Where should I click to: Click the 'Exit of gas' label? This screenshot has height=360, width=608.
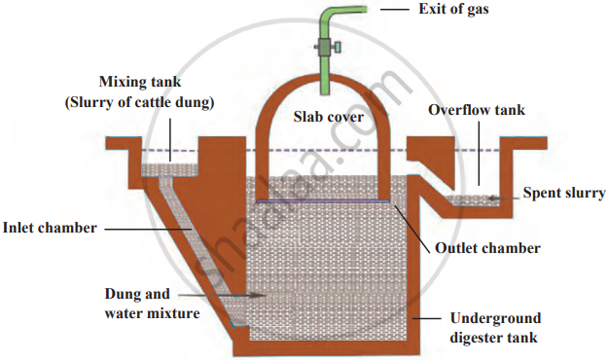[453, 9]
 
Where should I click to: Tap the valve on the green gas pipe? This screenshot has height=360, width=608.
[328, 48]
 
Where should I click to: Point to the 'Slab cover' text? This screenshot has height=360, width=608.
[329, 117]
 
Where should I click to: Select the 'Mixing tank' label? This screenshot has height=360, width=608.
[140, 82]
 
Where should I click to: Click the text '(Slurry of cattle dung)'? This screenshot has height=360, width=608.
[139, 102]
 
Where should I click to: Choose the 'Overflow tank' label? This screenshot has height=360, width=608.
[477, 110]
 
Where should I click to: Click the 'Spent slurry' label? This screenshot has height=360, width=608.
[564, 193]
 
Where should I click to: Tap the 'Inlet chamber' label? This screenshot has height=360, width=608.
[50, 228]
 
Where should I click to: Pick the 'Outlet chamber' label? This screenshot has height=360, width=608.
[487, 248]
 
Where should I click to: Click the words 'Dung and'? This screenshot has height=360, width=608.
[137, 294]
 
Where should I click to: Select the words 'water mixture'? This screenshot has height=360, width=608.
[153, 313]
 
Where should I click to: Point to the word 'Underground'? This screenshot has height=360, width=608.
[495, 318]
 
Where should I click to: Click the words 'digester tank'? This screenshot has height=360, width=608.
[493, 338]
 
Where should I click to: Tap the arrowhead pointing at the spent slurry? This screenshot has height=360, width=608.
[491, 198]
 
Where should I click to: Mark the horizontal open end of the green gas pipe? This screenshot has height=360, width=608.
[366, 10]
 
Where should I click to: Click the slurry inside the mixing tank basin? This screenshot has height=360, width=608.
[170, 170]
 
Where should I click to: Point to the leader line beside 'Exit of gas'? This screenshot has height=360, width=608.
[395, 9]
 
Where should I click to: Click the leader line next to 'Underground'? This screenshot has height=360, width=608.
[427, 318]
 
